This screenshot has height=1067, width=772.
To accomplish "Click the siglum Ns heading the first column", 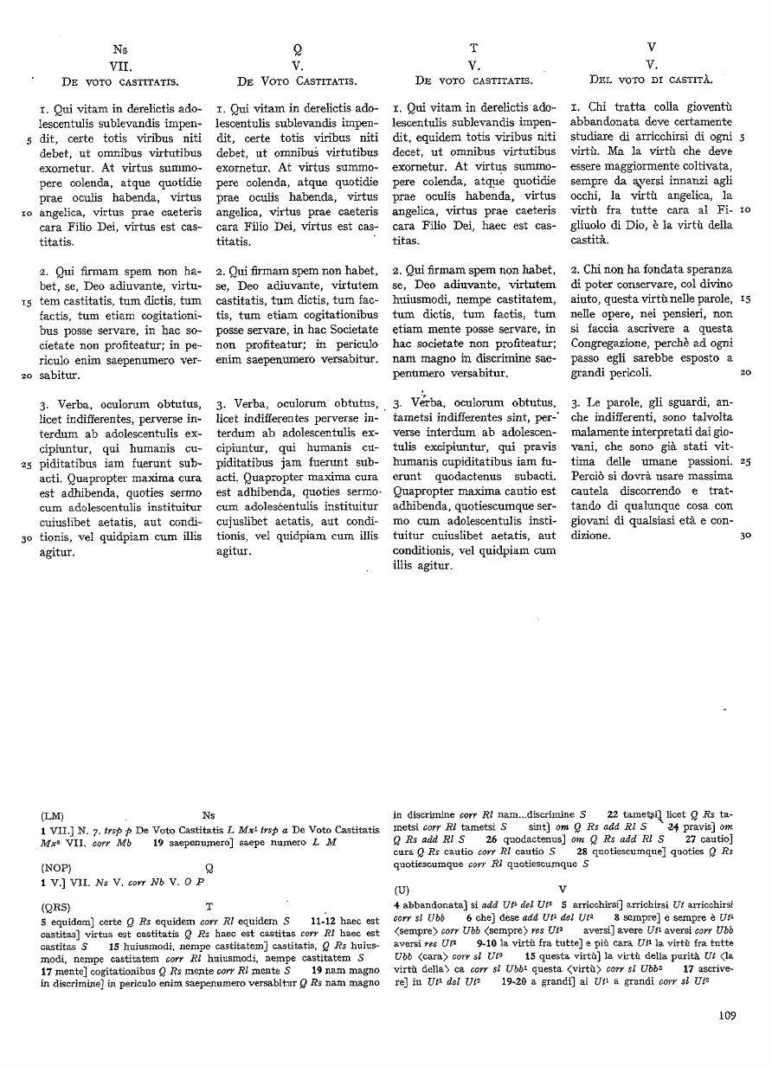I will pos(119,49).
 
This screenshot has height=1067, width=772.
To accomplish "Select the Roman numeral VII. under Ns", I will pos(119,65).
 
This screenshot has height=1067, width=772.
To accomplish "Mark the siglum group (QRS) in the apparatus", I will pos(56,906).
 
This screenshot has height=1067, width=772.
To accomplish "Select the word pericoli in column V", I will pos(629,373).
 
